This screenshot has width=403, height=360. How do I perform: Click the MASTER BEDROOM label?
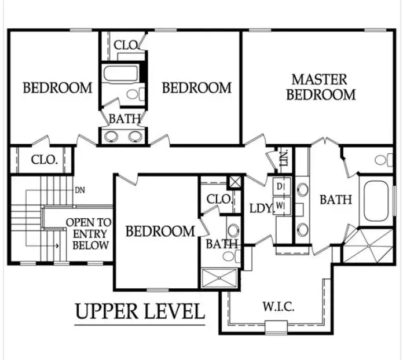pyautogui.click(x=321, y=87)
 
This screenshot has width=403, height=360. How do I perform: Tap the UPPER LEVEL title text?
pyautogui.click(x=140, y=311)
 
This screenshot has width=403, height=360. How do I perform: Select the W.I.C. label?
pyautogui.click(x=279, y=307)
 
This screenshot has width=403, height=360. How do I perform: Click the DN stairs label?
pyautogui.click(x=80, y=190)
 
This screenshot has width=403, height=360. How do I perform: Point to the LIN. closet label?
pyautogui.click(x=284, y=158)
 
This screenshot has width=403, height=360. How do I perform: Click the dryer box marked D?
pyautogui.click(x=281, y=187)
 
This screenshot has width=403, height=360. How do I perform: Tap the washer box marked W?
pyautogui.click(x=281, y=205)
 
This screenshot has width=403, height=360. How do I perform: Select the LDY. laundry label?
pyautogui.click(x=261, y=208)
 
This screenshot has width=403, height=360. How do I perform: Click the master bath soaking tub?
pyautogui.click(x=376, y=201)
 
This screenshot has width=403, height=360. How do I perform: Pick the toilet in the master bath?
pyautogui.click(x=384, y=160)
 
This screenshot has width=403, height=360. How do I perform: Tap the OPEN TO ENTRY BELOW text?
pyautogui.click(x=89, y=234)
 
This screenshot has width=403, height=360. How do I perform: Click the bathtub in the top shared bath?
pyautogui.click(x=120, y=74)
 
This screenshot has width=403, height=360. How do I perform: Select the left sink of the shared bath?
pyautogui.click(x=111, y=137)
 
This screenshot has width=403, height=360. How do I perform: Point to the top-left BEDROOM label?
pyautogui.click(x=57, y=87)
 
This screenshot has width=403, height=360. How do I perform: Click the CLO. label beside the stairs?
pyautogui.click(x=44, y=160)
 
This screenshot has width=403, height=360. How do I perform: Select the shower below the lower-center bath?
pyautogui.click(x=219, y=278)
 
